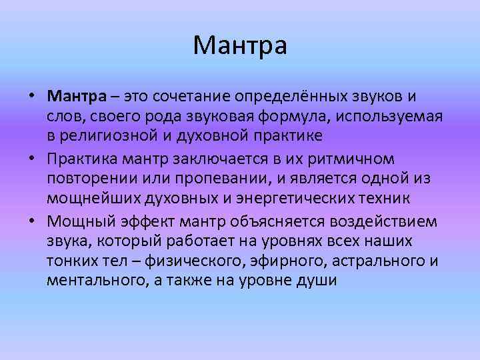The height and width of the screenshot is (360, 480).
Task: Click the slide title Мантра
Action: point(240,46)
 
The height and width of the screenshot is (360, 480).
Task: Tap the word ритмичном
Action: point(345,160)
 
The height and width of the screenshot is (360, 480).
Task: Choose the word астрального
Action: point(367,261)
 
